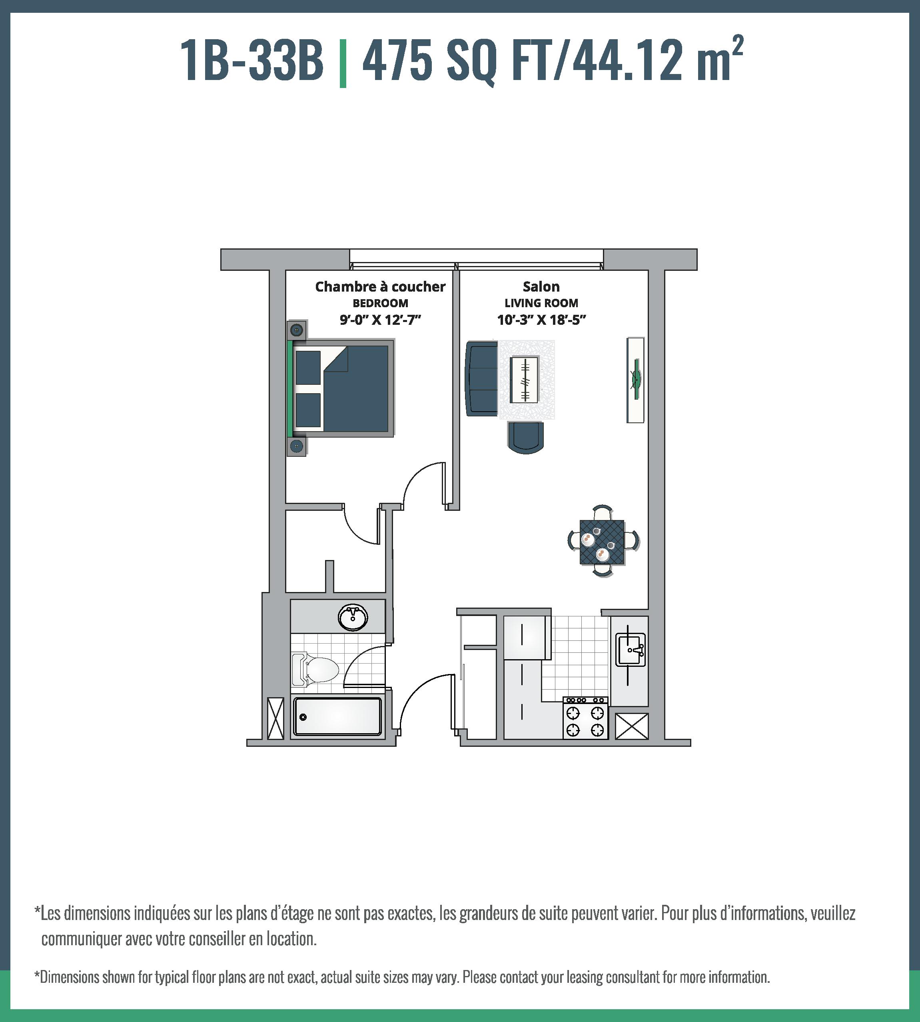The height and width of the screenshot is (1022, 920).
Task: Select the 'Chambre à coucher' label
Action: (x=380, y=287)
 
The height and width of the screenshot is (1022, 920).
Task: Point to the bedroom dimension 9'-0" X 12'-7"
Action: (x=380, y=320)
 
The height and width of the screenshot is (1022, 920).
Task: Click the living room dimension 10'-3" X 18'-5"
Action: (x=541, y=320)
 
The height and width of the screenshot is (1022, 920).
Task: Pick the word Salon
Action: (x=541, y=287)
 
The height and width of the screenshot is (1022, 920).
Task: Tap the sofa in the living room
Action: (x=481, y=378)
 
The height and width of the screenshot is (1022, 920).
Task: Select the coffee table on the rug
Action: (x=524, y=380)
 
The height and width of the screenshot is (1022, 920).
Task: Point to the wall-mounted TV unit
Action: (x=635, y=380)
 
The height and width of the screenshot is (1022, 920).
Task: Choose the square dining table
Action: (x=602, y=542)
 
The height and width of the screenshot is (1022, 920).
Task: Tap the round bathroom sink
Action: (x=352, y=617)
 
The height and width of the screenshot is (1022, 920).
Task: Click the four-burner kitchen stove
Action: (x=585, y=718)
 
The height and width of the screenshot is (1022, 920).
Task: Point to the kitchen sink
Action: (x=630, y=650)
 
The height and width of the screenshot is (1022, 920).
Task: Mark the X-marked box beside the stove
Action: (x=631, y=726)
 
